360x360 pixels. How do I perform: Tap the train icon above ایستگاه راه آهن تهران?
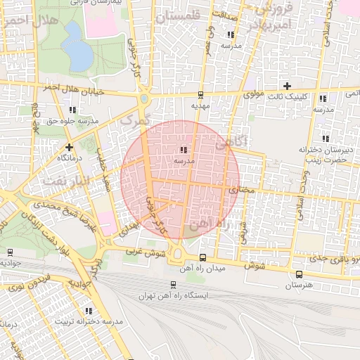pos(172,285)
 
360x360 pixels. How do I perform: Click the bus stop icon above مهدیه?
pos(200,94)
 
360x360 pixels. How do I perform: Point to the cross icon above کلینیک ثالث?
pos(286,85)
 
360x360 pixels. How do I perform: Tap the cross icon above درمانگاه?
pos(69,147)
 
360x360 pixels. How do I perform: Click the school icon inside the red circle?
pos(184,149)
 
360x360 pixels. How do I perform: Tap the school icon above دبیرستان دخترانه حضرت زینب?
pos(325,138)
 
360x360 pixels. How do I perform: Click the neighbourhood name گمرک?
pos(136,121)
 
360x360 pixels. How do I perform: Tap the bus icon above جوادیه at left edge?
pos(10,252)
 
